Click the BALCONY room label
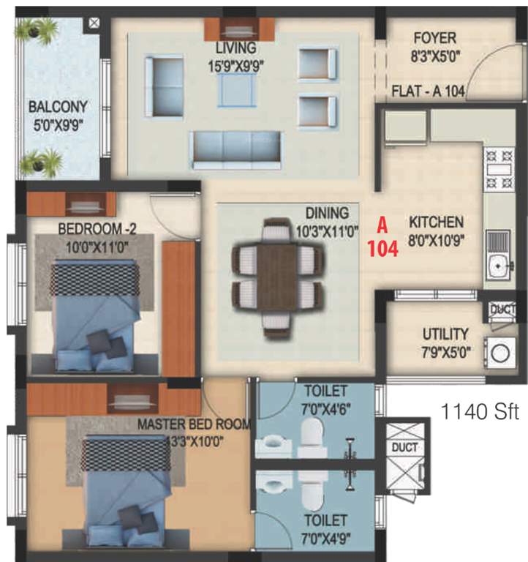pos(58,107)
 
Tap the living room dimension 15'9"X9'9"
pos(235,64)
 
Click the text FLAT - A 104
pos(429,92)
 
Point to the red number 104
pos(382,249)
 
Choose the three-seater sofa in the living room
pos(235,148)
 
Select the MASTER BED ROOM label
pos(195,424)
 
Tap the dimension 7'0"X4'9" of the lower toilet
pos(325,536)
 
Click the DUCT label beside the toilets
pos(404,447)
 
